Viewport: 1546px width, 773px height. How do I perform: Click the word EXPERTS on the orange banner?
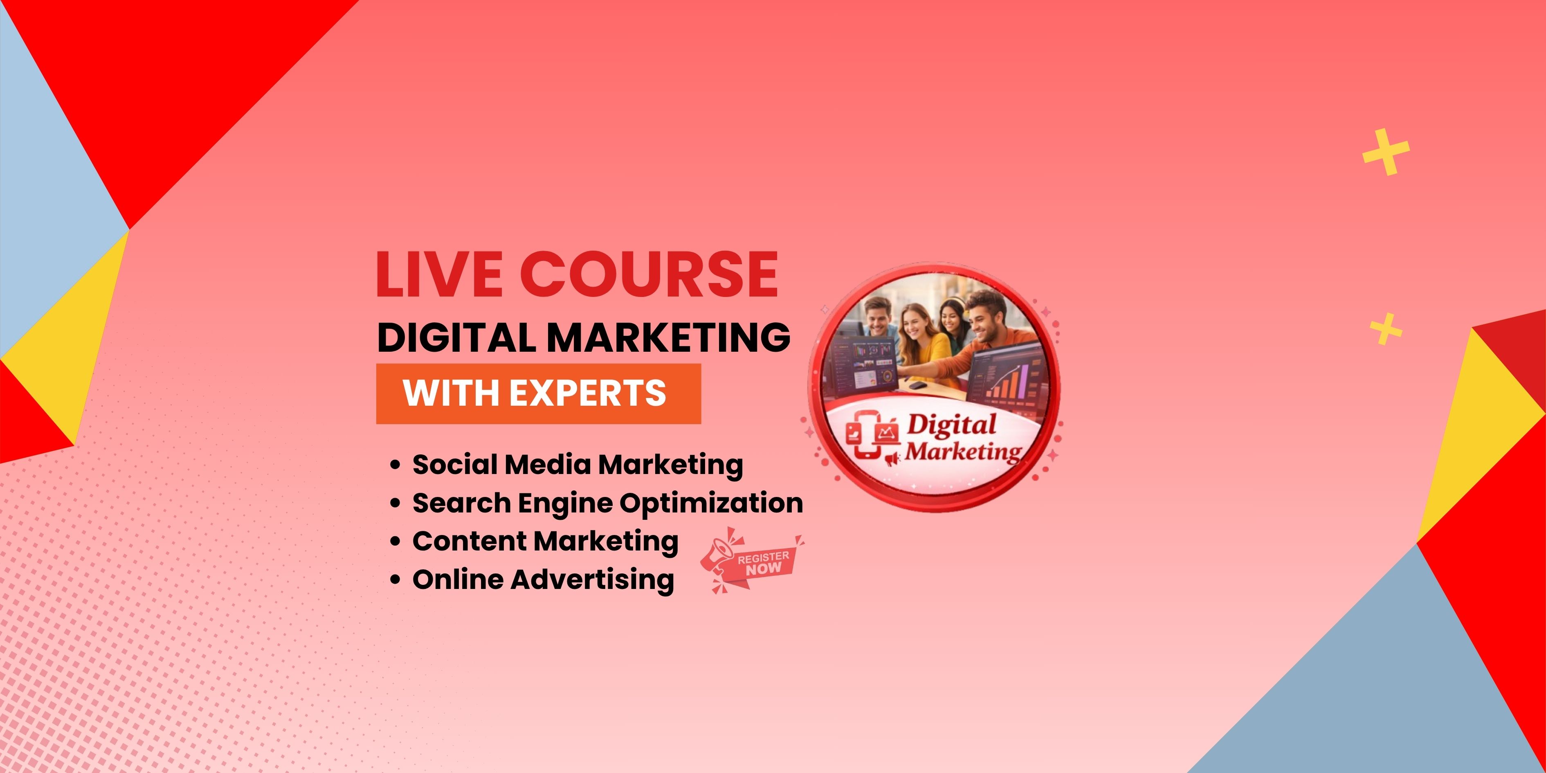click(588, 393)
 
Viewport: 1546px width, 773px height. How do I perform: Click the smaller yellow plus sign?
click(1386, 329)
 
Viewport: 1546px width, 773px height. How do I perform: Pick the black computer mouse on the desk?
click(917, 385)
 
